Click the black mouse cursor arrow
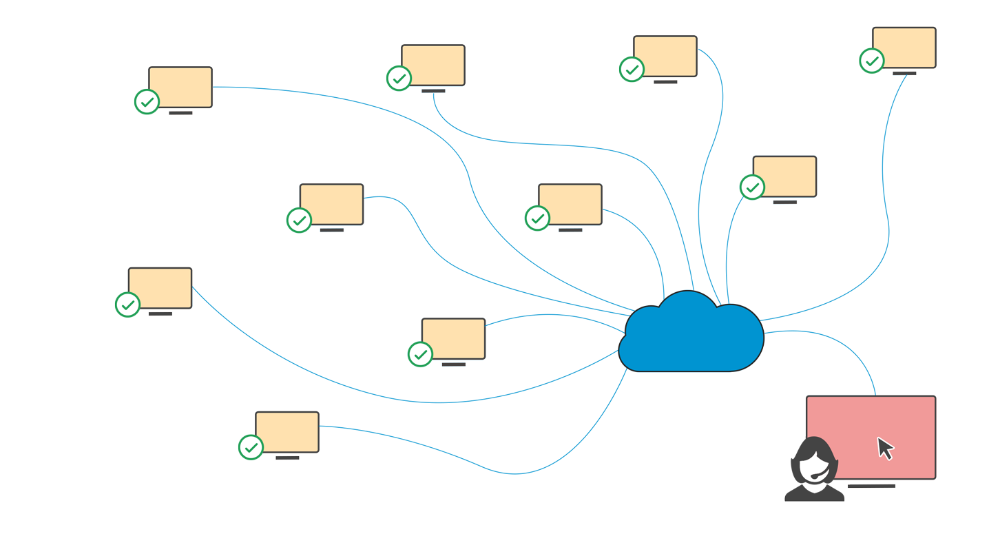pyautogui.click(x=884, y=448)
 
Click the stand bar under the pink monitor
pyautogui.click(x=871, y=486)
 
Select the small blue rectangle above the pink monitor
pyautogui.click(x=820, y=360)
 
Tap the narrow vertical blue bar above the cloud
pyautogui.click(x=710, y=165)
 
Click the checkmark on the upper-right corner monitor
pyautogui.click(x=872, y=61)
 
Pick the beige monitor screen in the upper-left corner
pyautogui.click(x=180, y=87)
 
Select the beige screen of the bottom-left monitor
pyautogui.click(x=287, y=432)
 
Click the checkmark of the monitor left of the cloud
pyautogui.click(x=537, y=218)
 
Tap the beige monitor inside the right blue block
pyautogui.click(x=784, y=176)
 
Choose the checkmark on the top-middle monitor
pyautogui.click(x=399, y=78)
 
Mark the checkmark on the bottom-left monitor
pyautogui.click(x=251, y=447)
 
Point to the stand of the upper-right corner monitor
pyautogui.click(x=904, y=72)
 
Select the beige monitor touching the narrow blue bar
pyautogui.click(x=665, y=56)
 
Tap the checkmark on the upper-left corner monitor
pyautogui.click(x=147, y=101)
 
